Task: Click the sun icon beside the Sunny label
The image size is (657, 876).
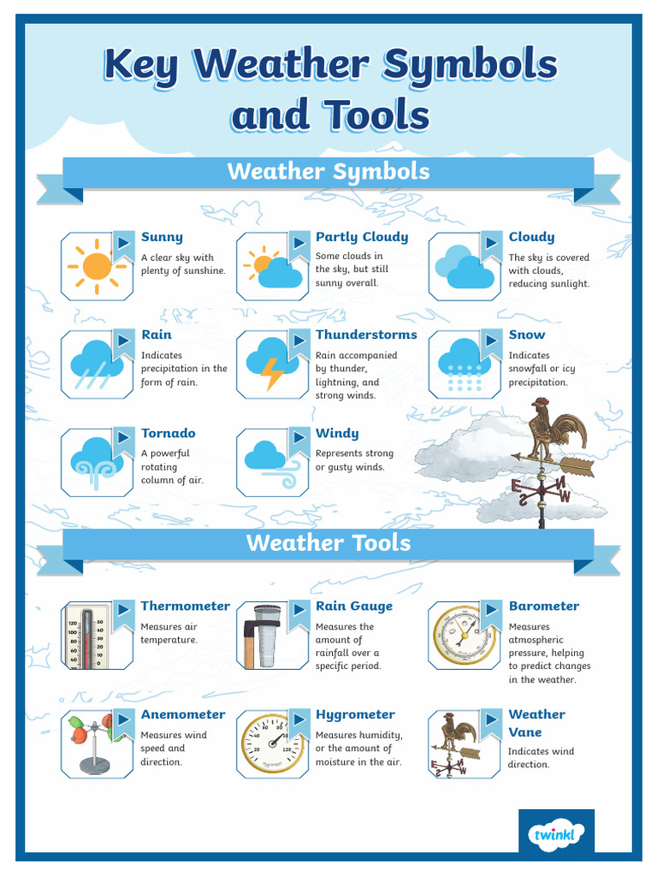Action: tap(97, 267)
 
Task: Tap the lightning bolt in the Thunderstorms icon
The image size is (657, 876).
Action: tap(272, 373)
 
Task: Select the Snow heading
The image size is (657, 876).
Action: tap(527, 334)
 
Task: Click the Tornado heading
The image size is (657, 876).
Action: tap(169, 433)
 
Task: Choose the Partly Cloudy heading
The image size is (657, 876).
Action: tap(362, 237)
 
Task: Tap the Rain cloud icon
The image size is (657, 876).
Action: tap(97, 364)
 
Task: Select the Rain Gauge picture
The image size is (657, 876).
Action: tap(262, 636)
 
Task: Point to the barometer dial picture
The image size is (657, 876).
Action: tap(465, 636)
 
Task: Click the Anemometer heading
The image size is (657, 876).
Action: tap(183, 714)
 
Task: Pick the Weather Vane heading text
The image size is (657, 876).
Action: tap(536, 723)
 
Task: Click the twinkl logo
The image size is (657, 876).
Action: tap(556, 835)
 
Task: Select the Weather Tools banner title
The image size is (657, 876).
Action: tap(328, 543)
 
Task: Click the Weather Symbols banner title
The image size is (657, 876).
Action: tap(328, 171)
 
